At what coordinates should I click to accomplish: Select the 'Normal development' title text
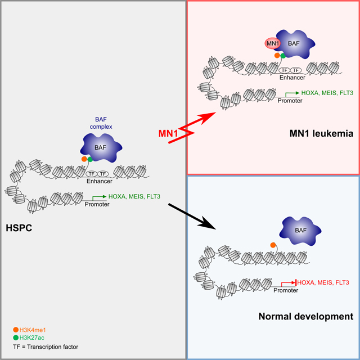tap(306, 317)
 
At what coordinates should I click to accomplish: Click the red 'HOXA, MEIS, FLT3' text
tap(322, 282)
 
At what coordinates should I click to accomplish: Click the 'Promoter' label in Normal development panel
tap(286, 290)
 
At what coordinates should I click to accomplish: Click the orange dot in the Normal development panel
tap(273, 245)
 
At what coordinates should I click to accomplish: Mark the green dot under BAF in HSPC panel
tap(90, 160)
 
